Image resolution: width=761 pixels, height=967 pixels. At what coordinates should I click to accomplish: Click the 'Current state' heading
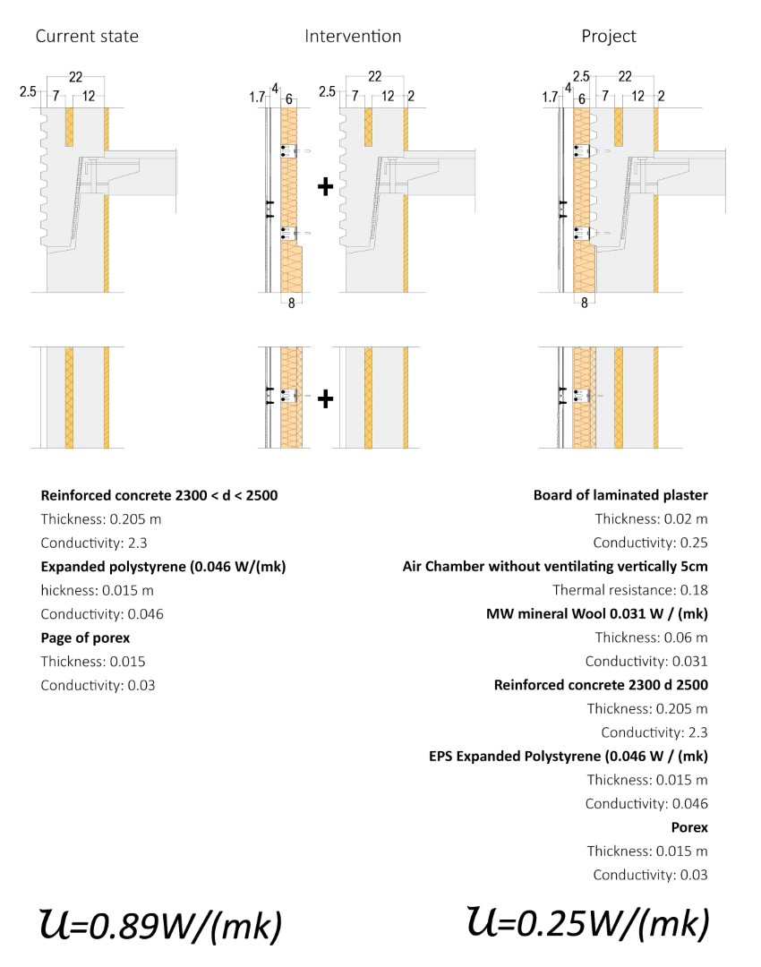(87, 37)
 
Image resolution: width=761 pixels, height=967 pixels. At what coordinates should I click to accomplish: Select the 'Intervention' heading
(353, 37)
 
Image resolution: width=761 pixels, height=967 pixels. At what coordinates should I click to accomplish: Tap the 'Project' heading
(609, 37)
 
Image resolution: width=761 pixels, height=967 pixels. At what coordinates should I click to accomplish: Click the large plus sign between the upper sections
(326, 186)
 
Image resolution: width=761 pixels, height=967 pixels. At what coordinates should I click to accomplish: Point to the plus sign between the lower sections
(326, 398)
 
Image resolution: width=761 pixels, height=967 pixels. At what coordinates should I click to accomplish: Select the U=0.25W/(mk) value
(588, 921)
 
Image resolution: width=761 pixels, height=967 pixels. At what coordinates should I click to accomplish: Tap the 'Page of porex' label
(85, 638)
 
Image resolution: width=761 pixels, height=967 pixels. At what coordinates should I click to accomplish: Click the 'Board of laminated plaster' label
(620, 495)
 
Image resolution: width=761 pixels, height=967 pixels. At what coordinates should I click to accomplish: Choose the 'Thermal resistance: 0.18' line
(629, 590)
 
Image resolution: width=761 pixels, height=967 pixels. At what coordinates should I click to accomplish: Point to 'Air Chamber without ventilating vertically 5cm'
(555, 566)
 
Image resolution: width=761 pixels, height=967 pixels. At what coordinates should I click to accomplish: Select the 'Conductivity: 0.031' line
(646, 662)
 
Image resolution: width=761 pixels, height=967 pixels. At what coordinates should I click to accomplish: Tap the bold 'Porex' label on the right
(689, 827)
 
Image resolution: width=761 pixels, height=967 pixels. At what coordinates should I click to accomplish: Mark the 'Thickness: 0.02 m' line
(651, 518)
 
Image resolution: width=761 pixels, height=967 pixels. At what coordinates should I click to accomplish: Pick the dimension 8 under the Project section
(585, 304)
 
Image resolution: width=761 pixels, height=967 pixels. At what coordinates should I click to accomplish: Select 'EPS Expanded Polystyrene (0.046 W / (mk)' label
(569, 757)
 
